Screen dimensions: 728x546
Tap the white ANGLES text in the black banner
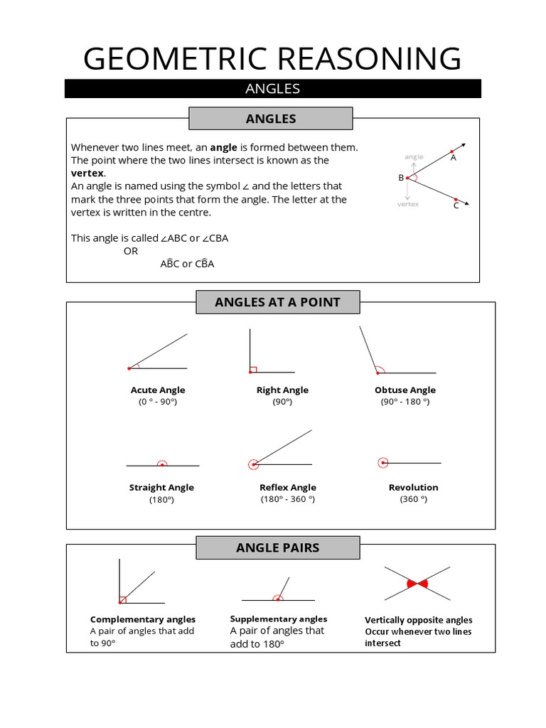click(x=272, y=89)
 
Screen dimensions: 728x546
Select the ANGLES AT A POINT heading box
click(x=277, y=302)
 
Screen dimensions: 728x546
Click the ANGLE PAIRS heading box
click(x=277, y=548)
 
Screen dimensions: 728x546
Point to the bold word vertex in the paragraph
click(x=87, y=173)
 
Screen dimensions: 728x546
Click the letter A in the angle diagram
click(x=454, y=158)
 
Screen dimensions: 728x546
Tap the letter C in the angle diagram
click(x=456, y=206)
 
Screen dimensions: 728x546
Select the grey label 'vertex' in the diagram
click(x=408, y=204)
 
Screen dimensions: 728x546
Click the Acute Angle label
click(x=158, y=390)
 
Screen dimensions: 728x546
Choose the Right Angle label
click(x=282, y=390)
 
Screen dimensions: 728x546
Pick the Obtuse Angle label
click(x=405, y=390)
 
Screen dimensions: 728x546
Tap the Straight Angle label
click(x=161, y=488)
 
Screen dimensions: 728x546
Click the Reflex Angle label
click(x=288, y=488)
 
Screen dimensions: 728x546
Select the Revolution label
click(x=413, y=488)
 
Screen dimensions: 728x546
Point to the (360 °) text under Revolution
click(x=413, y=500)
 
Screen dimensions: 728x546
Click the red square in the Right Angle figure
click(x=253, y=369)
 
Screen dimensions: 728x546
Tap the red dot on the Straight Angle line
click(x=162, y=464)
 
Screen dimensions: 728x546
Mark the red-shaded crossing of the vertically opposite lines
click(x=417, y=584)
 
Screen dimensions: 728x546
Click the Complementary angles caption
click(x=143, y=620)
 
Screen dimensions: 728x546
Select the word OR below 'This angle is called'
click(x=131, y=251)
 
